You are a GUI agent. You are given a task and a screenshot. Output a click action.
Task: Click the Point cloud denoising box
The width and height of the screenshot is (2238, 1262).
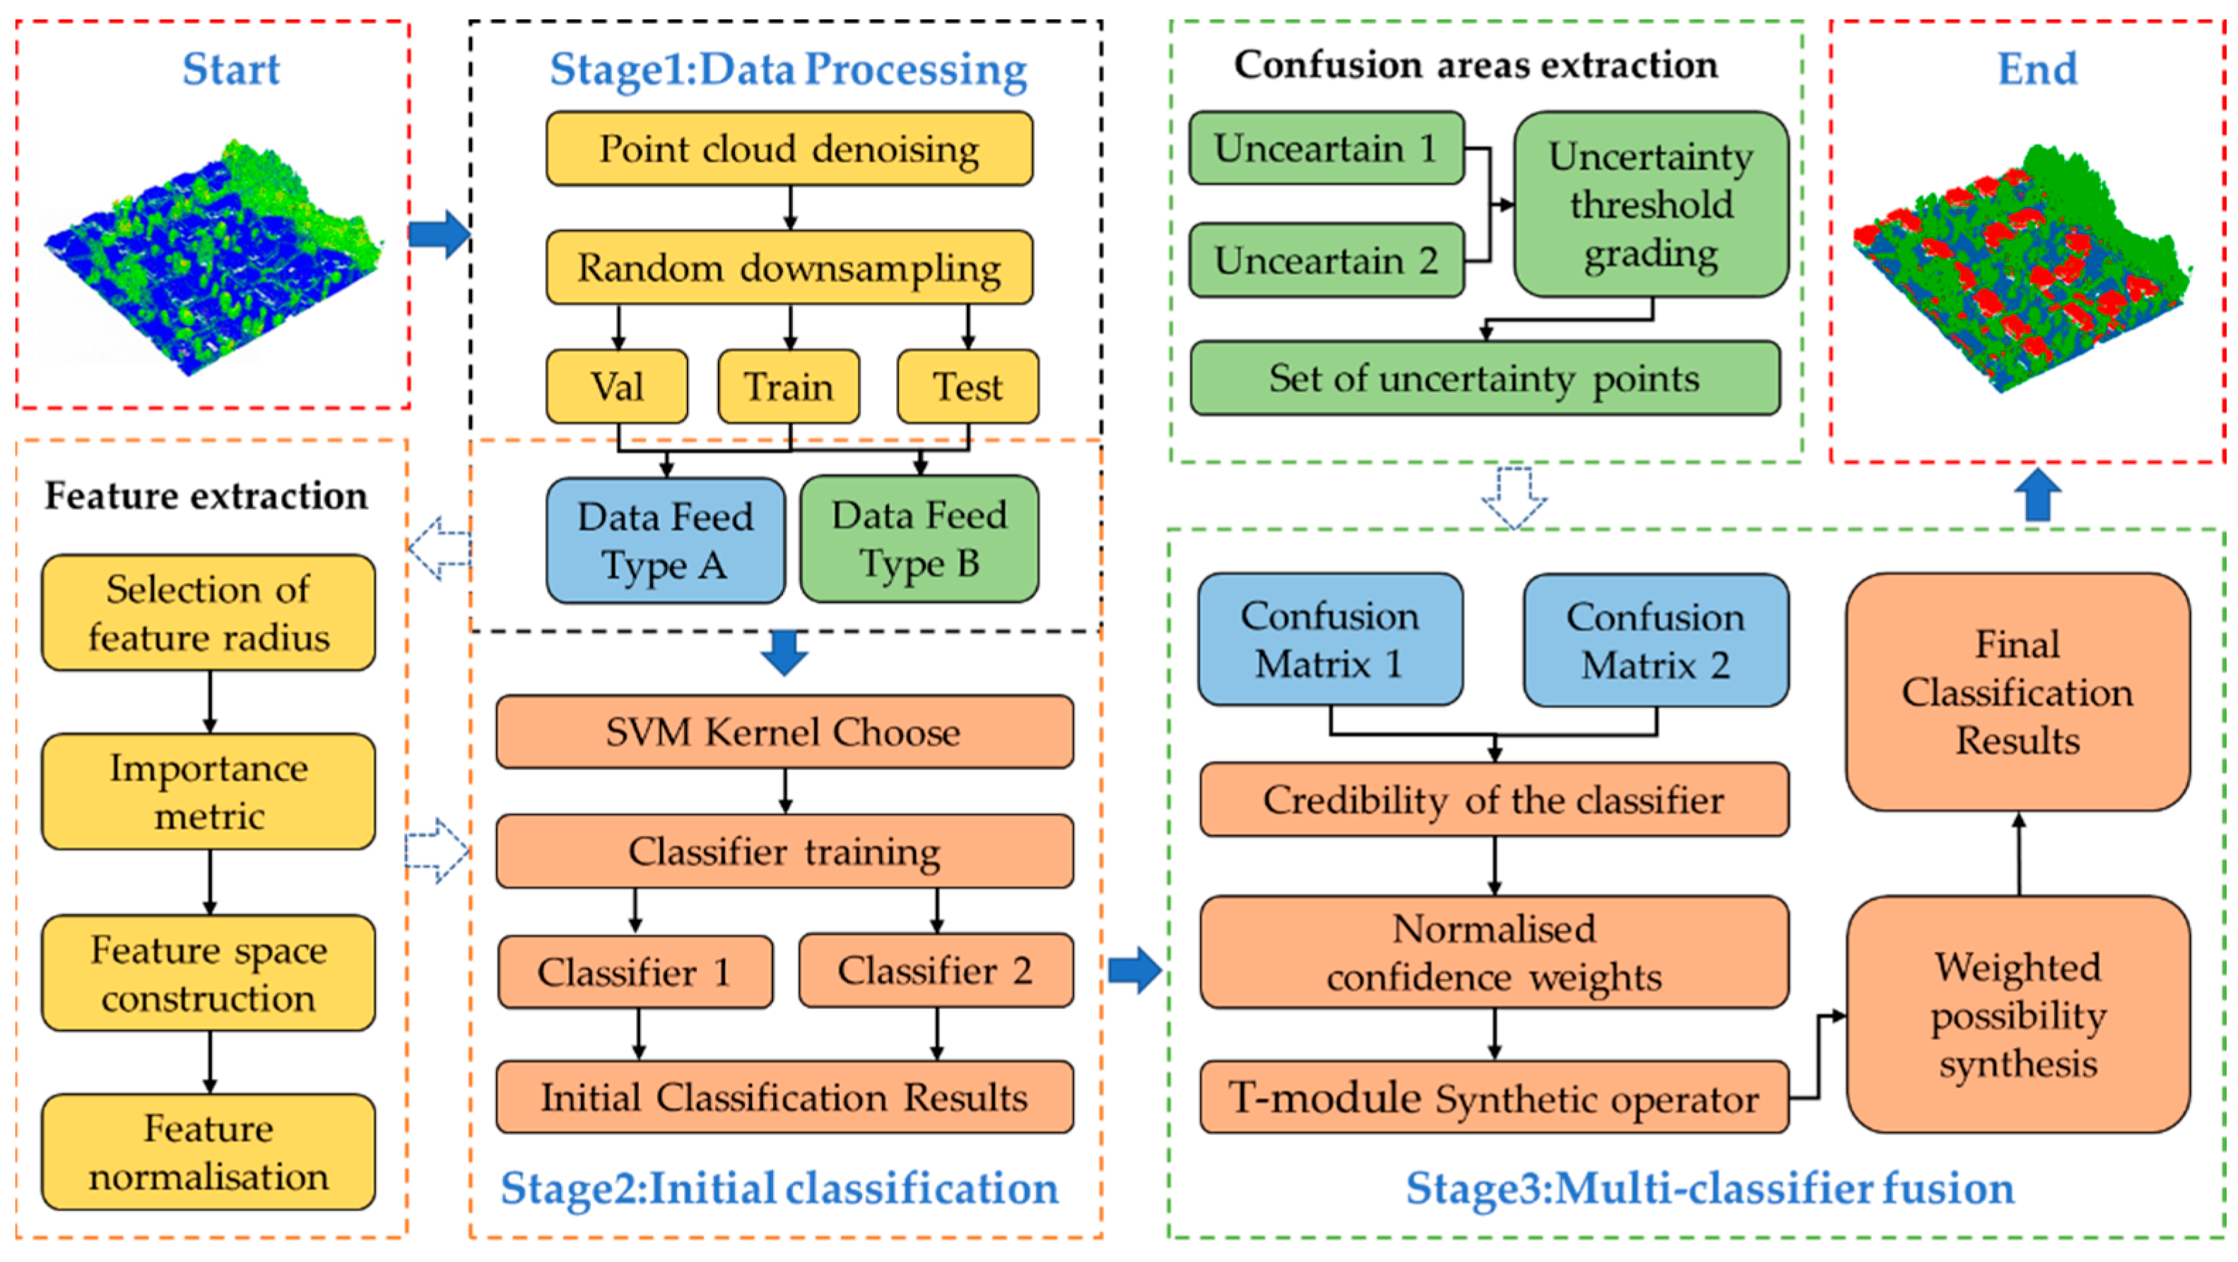tap(789, 148)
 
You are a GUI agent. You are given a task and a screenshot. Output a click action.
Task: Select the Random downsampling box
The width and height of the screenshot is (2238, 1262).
tap(789, 268)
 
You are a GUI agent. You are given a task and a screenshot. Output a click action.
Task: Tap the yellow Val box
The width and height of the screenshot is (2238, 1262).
tap(617, 387)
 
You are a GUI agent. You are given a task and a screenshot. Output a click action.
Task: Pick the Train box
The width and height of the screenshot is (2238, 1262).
tap(789, 387)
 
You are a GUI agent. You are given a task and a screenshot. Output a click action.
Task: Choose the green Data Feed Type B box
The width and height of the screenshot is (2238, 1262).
tap(919, 538)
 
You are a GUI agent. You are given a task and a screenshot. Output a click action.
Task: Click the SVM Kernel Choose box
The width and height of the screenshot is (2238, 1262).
tap(784, 731)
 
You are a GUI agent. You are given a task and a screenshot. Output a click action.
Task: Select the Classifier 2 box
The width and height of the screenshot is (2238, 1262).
tap(936, 970)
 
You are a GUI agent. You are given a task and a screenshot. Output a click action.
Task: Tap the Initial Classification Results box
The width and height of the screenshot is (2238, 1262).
tap(784, 1097)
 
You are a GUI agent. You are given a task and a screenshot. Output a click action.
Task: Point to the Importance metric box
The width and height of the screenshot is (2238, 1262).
tap(208, 791)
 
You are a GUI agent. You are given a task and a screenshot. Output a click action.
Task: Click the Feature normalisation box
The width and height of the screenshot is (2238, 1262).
tap(208, 1152)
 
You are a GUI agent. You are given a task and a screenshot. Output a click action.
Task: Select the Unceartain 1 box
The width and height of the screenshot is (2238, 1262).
tap(1326, 148)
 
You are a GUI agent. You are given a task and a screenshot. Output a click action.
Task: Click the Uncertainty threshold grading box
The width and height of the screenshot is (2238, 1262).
tap(1651, 204)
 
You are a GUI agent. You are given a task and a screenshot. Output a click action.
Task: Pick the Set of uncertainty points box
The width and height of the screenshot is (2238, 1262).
tap(1485, 378)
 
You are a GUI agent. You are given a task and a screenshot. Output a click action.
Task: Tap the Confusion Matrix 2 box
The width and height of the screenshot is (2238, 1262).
tap(1656, 640)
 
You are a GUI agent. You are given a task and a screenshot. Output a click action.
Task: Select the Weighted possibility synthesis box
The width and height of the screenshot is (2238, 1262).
tap(2018, 1015)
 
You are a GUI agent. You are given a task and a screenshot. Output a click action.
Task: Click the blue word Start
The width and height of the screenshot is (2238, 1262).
tap(231, 69)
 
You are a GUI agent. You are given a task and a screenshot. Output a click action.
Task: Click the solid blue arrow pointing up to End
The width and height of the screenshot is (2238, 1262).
tap(2037, 496)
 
